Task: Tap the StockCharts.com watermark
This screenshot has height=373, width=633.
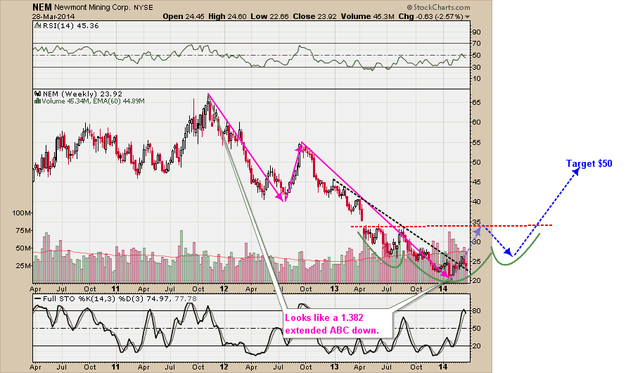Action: (x=439, y=6)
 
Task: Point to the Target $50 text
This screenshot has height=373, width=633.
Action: (x=589, y=163)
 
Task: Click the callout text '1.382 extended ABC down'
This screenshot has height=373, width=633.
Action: (x=331, y=324)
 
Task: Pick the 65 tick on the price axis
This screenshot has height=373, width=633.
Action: (x=476, y=103)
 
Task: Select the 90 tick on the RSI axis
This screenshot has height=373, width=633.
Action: (x=476, y=32)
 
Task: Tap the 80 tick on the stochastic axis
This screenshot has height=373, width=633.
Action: (x=476, y=310)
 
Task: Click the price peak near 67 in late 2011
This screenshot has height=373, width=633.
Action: (x=208, y=94)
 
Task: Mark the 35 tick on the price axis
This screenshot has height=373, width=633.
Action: (x=476, y=222)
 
